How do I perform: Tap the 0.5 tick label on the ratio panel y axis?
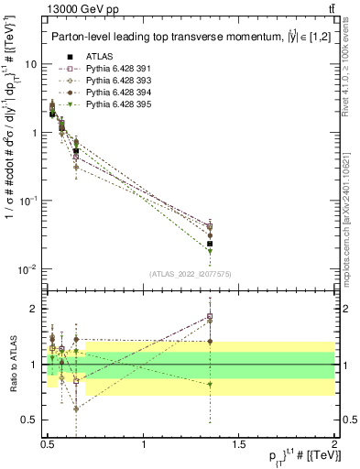click(27, 420)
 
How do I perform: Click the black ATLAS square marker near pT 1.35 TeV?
click(210, 244)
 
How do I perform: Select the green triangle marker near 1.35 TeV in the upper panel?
click(210, 251)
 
